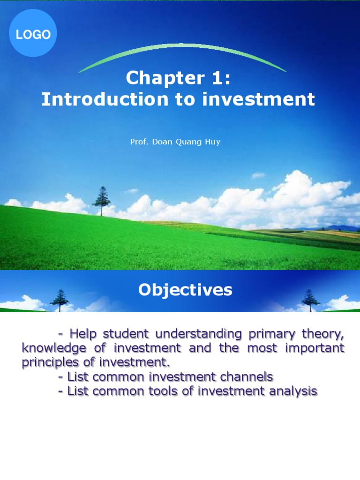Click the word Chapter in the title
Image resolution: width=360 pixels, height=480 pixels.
159,78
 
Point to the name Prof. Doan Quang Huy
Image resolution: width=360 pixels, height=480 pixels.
175,142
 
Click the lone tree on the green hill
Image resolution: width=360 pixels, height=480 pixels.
101,201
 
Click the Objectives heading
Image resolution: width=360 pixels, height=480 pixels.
185,290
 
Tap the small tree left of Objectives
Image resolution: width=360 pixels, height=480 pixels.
60,300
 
